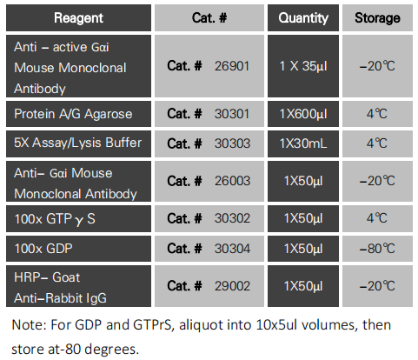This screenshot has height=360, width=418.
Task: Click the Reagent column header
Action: tap(78, 17)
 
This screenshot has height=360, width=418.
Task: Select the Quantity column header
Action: tap(303, 17)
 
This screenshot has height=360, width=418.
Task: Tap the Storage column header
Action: tap(377, 17)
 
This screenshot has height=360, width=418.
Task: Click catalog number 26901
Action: tap(234, 66)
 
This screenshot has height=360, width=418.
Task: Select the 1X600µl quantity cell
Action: tap(303, 114)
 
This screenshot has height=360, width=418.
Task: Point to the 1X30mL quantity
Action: tap(303, 143)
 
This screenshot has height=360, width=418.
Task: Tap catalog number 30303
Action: tap(233, 143)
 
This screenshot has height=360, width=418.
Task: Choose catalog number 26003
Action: tap(233, 181)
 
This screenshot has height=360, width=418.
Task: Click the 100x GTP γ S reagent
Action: tap(55, 219)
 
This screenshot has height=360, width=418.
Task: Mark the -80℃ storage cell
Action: tap(377, 249)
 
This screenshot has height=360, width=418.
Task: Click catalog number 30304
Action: tap(233, 249)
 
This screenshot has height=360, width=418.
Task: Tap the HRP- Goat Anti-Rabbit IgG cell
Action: tap(66, 286)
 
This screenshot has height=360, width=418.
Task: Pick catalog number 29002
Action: tap(233, 286)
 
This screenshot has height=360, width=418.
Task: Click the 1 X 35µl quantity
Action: tap(303, 66)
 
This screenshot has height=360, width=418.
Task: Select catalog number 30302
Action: tap(233, 219)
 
